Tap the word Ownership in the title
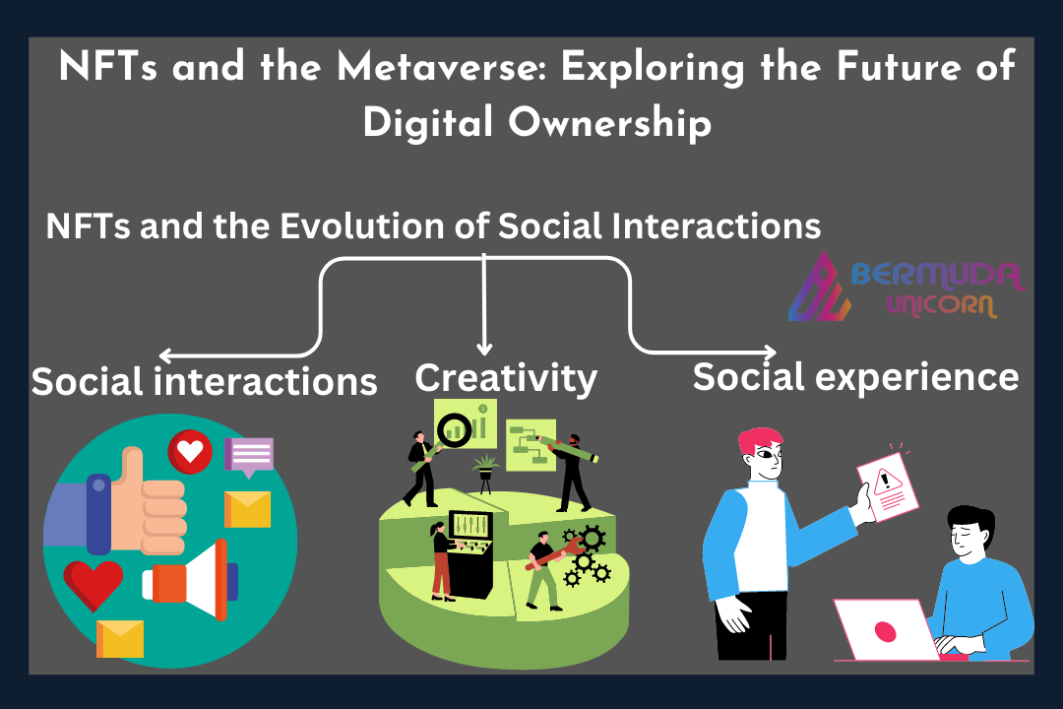(x=609, y=123)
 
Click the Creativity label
(x=506, y=378)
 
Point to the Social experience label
(x=855, y=376)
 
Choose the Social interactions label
(x=204, y=381)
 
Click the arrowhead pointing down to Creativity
(x=484, y=348)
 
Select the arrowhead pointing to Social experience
(x=770, y=353)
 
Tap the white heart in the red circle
(x=191, y=450)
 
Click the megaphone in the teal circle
(x=191, y=581)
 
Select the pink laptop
(x=887, y=629)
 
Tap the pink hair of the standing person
(x=760, y=440)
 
